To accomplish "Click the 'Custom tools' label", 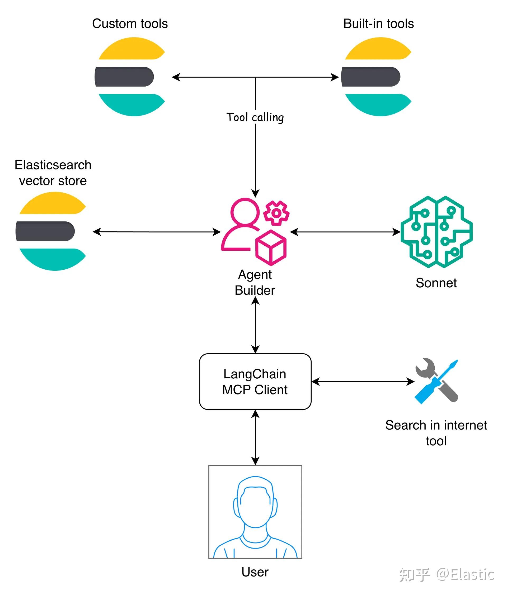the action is tap(130, 23).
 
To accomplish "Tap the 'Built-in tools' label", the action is tap(378, 23).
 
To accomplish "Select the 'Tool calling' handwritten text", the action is tap(255, 117).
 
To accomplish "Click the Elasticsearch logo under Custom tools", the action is tap(130, 77).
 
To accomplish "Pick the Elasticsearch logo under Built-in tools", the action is tap(377, 77).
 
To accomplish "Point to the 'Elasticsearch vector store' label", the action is tap(53, 173).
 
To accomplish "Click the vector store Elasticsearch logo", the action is tap(51, 231).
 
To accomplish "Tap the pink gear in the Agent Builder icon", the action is tap(276, 213).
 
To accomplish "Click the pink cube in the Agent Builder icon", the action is tap(271, 247).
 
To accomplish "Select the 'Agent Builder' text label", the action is tap(255, 282).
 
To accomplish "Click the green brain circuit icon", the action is tap(436, 232).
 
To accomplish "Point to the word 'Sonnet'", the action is tap(436, 283).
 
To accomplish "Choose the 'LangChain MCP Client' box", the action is tap(255, 382).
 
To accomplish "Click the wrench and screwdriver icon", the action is tap(436, 381).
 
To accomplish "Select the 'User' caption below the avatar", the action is tap(255, 572).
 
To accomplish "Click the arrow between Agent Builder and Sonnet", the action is tap(345, 232).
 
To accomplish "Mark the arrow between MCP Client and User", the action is tap(255, 437).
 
